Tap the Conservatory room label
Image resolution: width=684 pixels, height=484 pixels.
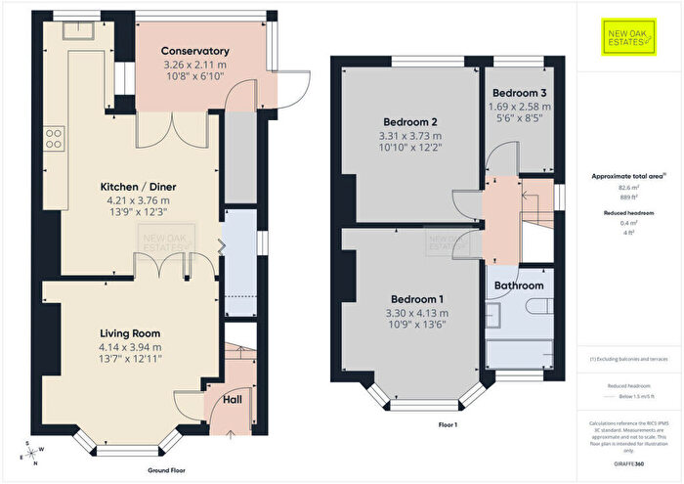pos(195,51)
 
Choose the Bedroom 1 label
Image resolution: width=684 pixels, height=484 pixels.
pos(417,298)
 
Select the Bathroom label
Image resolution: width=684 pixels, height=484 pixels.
pos(518,286)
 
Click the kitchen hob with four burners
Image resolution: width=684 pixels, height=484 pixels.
pos(54,137)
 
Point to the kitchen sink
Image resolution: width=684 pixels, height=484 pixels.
pos(76,29)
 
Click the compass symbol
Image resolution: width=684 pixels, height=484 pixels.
pos(31,454)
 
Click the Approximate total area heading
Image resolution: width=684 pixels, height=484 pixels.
pos(627,176)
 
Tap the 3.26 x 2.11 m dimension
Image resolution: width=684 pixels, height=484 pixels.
pos(195,65)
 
